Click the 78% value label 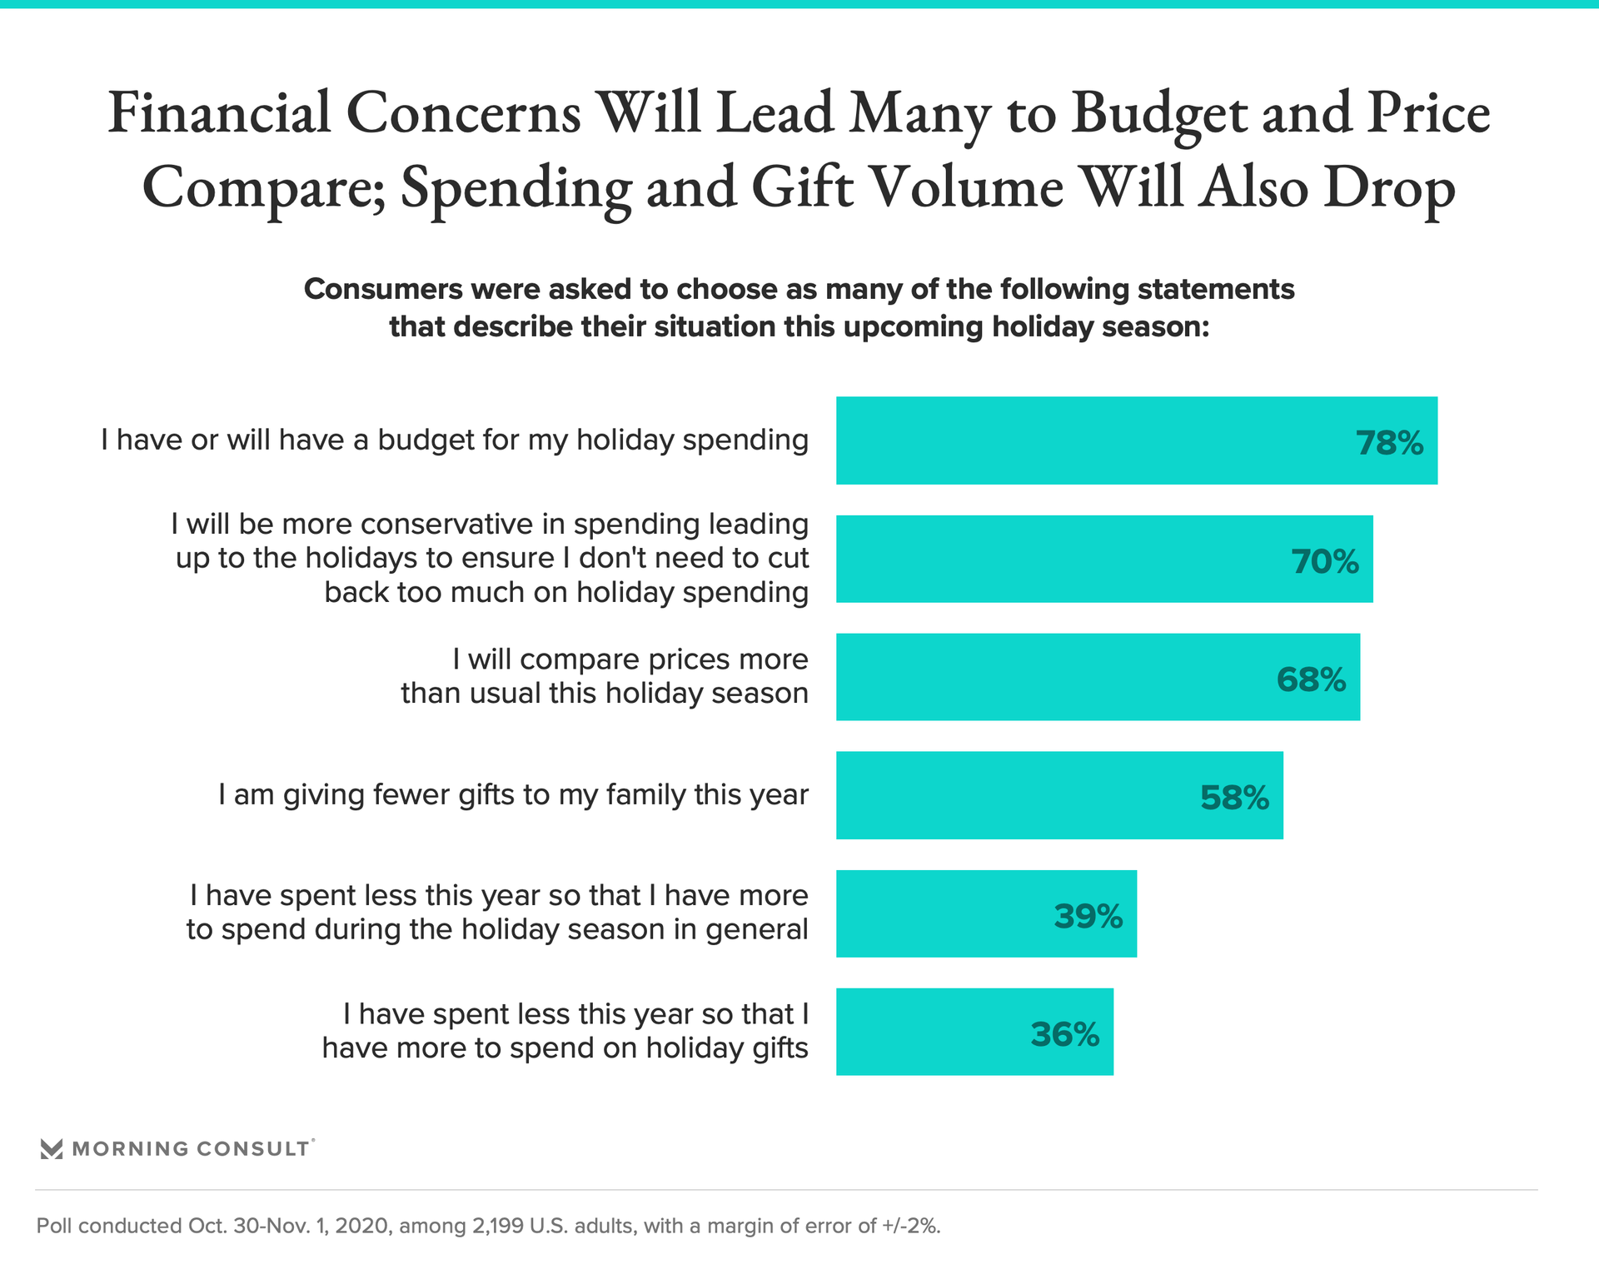pos(1389,443)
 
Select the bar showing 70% pos(1103,560)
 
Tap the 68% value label pos(1311,679)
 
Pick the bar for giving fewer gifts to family pos(1059,795)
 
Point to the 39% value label pos(1088,916)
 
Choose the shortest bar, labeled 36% pos(974,1032)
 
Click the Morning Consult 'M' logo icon pos(52,1149)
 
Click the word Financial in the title pos(219,112)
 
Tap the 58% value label pos(1234,798)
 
